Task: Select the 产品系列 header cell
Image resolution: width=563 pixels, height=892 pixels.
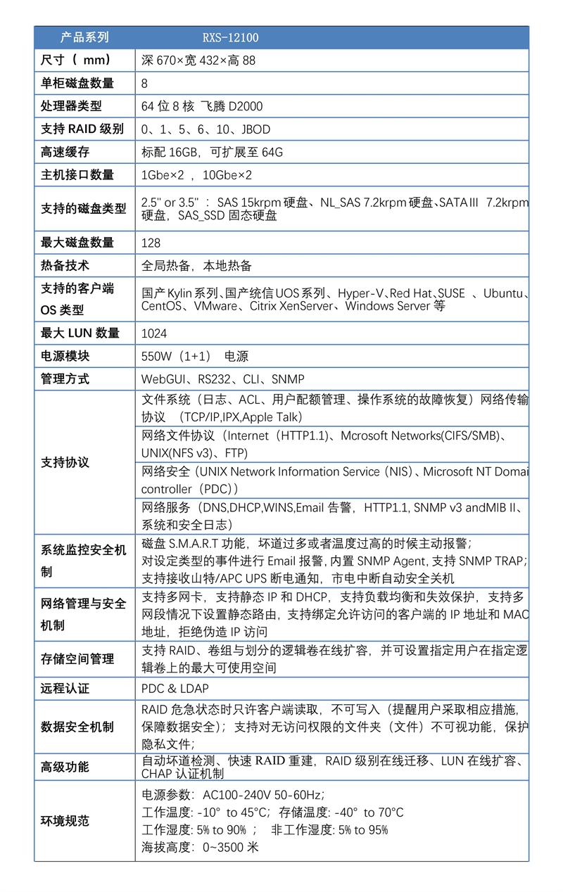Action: [x=84, y=37]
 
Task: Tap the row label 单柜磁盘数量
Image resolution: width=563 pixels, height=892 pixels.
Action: [x=77, y=83]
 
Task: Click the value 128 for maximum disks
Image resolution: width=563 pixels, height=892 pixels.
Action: [x=151, y=243]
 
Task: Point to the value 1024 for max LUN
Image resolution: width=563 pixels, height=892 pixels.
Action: [x=154, y=333]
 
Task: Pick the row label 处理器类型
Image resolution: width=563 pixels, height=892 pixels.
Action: [x=71, y=106]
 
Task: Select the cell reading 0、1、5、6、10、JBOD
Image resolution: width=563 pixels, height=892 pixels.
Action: [x=205, y=129]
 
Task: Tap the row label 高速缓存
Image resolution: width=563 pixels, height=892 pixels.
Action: [x=65, y=152]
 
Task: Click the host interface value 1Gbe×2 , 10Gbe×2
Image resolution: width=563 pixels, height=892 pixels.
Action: [x=196, y=175]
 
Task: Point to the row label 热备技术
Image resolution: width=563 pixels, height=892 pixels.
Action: [x=65, y=266]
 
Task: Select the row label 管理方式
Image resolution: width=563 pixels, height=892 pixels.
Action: [x=65, y=379]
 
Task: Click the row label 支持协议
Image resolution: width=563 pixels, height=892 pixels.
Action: [x=65, y=463]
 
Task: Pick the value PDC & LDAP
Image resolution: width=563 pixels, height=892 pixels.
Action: [x=175, y=689]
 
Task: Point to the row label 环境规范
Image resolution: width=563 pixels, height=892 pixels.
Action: [x=65, y=821]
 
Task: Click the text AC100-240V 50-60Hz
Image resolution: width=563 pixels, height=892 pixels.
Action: [x=262, y=795]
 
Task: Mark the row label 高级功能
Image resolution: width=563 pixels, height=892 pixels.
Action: [x=65, y=767]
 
